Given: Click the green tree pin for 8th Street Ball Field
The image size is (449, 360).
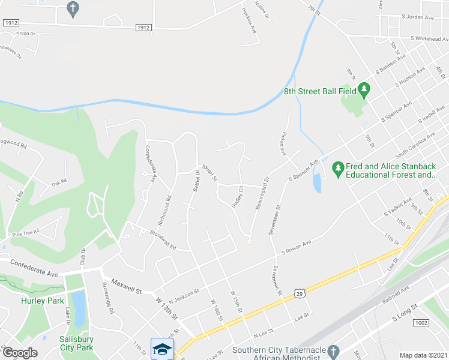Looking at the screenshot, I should [364, 91].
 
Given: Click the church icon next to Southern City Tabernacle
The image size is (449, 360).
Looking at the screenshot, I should [337, 350].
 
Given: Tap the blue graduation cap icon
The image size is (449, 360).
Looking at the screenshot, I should [162, 349].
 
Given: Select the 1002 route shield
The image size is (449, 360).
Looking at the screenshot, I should [422, 323].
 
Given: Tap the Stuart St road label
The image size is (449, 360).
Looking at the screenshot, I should [209, 175].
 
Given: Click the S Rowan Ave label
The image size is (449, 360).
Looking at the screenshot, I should [298, 247].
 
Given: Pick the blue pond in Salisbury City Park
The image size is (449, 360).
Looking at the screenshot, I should [78, 301].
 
